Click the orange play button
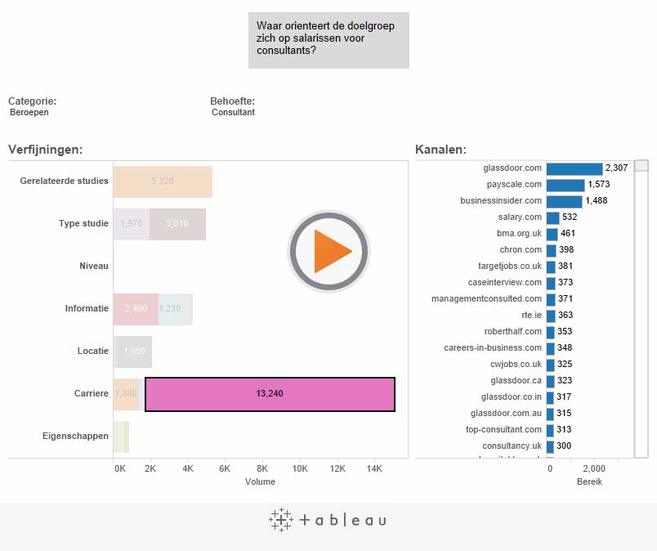coord(328,252)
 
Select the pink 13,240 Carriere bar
coord(270,394)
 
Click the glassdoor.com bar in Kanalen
coord(574,168)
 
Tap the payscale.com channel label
coord(515,185)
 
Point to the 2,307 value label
coord(616,168)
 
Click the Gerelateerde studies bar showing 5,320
coord(163,181)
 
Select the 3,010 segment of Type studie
coord(177,224)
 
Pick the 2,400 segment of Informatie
coord(136,309)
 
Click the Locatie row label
coord(92,352)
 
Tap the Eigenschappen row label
coord(75,437)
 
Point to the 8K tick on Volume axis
coord(262,469)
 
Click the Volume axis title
coord(260,482)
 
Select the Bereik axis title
coord(589,482)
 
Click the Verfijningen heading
coord(45,150)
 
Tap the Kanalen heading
coord(440,150)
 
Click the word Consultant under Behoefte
coord(233,113)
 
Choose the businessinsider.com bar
coord(564,201)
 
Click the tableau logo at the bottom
coord(328,520)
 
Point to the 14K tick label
coord(374,469)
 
